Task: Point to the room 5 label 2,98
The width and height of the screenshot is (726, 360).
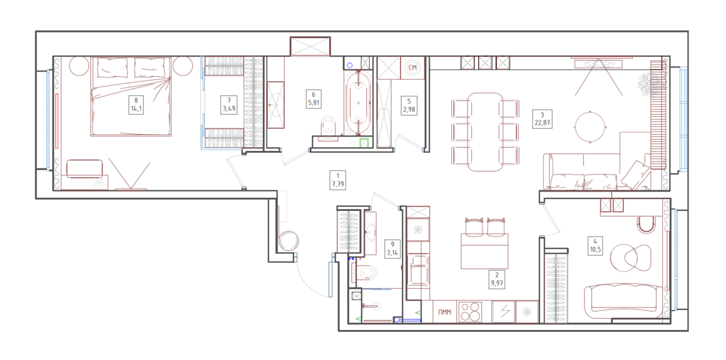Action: coord(409,110)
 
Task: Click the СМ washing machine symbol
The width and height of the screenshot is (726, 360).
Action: coord(413,68)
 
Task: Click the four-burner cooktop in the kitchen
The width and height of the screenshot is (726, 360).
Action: coord(470,312)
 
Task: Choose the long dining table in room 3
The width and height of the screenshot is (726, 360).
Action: coord(485,132)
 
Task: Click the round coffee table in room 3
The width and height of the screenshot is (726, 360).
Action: coord(590,126)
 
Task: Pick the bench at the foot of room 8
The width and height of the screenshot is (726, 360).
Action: coord(84,168)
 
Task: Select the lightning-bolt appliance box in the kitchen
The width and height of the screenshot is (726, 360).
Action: coord(504,312)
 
